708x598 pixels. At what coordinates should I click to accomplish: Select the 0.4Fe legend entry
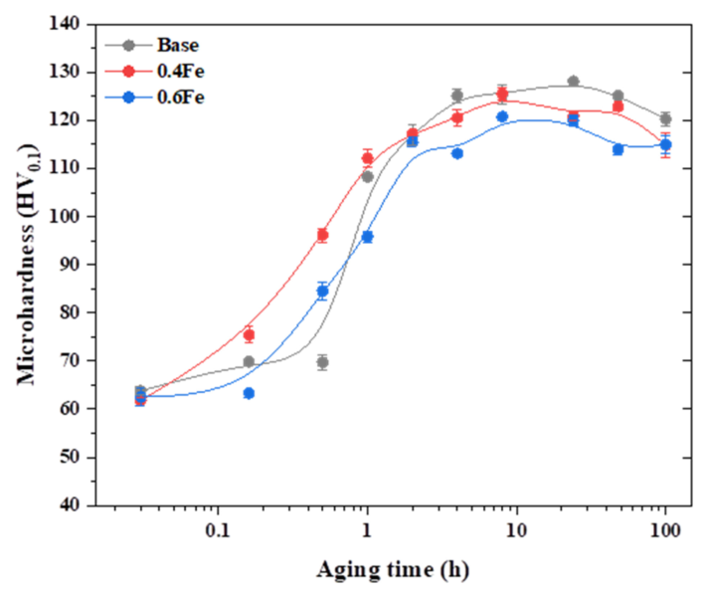[x=170, y=71]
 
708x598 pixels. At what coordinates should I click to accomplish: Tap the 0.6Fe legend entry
[x=170, y=96]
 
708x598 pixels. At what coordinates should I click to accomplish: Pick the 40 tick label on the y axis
[x=73, y=504]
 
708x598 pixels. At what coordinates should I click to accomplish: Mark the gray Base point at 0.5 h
[x=322, y=362]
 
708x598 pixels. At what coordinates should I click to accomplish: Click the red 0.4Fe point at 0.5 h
[x=322, y=235]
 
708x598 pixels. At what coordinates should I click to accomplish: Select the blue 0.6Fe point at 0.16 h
[x=249, y=393]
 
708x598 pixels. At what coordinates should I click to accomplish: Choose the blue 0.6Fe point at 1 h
[x=367, y=237]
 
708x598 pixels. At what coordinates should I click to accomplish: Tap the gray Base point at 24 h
[x=573, y=82]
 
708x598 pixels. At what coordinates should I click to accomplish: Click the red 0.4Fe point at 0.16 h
[x=249, y=334]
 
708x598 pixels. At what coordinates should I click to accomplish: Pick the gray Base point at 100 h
[x=665, y=118]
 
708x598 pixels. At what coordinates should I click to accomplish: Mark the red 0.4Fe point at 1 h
[x=367, y=158]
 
